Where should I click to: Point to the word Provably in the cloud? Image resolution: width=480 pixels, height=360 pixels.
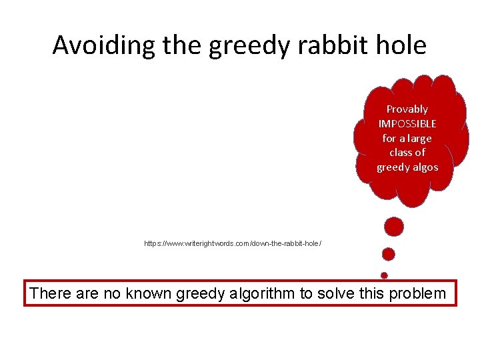point(407,109)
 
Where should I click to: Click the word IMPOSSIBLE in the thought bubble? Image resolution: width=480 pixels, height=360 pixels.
point(407,123)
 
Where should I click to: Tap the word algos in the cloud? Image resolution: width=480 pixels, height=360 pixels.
point(425,167)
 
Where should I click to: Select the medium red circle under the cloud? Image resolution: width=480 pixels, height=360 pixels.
point(389,254)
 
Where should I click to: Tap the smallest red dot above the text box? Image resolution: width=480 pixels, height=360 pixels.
point(384,274)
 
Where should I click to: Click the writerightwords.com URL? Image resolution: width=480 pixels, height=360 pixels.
point(233,243)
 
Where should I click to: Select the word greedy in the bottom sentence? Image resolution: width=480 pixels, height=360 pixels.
point(202,293)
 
